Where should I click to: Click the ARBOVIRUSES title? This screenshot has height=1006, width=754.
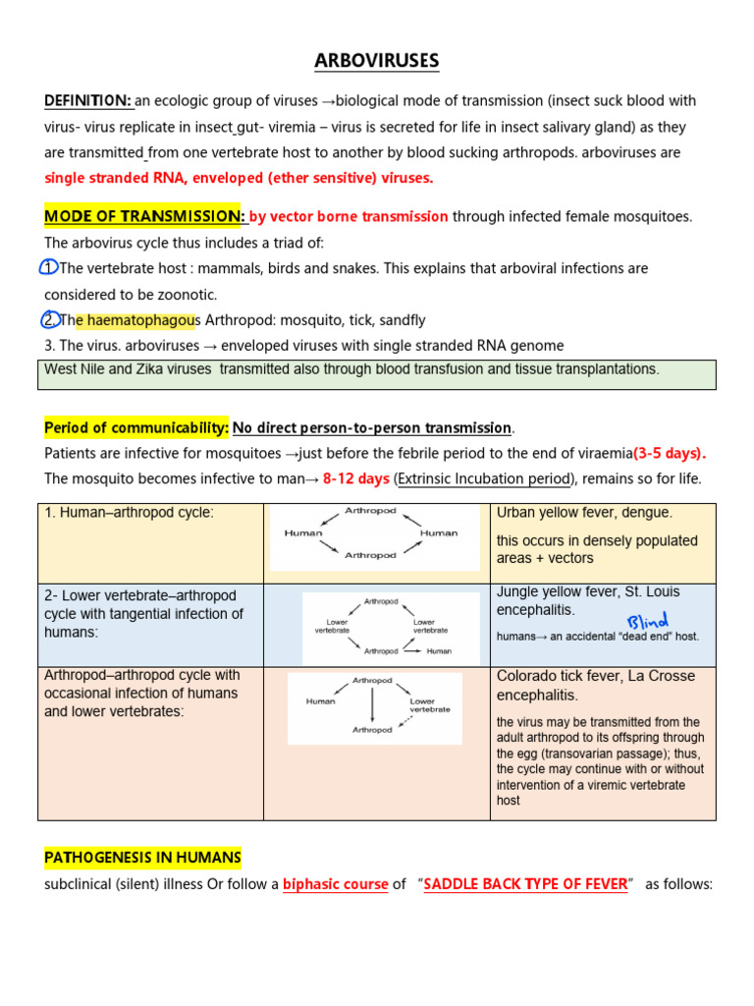click(x=377, y=62)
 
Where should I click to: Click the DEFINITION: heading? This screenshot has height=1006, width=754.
click(x=88, y=101)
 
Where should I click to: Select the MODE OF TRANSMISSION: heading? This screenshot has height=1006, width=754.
click(x=144, y=216)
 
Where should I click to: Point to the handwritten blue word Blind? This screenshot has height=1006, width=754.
click(x=647, y=620)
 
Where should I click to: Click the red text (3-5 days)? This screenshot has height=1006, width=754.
click(x=670, y=453)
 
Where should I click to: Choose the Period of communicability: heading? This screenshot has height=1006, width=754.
click(x=136, y=427)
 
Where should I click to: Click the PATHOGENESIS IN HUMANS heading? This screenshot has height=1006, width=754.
click(x=142, y=858)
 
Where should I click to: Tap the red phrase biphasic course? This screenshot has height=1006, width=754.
click(x=335, y=884)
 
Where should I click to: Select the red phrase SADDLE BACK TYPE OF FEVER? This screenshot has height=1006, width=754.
click(x=525, y=884)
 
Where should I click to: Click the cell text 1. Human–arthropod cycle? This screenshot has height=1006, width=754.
click(x=129, y=513)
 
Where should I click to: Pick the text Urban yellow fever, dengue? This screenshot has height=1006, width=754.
click(x=584, y=513)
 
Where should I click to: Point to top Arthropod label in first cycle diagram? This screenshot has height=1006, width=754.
click(x=370, y=512)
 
